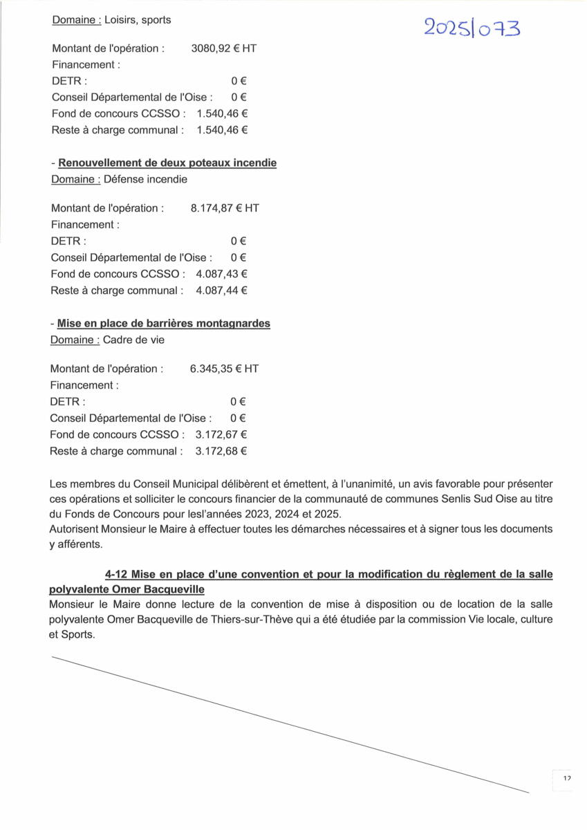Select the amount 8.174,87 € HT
224,207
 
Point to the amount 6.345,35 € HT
224,369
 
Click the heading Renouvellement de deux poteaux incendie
167,163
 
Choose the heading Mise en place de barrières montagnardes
164,324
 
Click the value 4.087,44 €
221,290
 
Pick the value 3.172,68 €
221,451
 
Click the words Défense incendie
145,179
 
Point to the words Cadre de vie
133,340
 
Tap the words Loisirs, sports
138,20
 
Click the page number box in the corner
566,779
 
